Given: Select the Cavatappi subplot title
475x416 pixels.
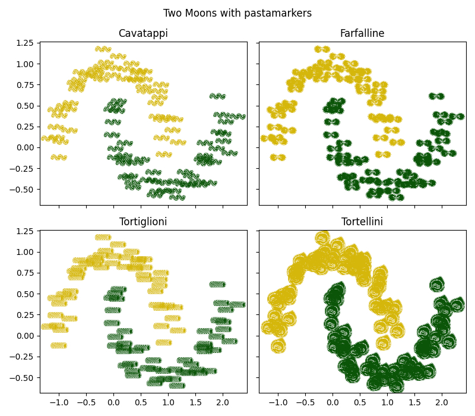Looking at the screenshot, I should tap(143, 33).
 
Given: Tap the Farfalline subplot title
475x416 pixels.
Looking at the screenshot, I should tap(362, 33).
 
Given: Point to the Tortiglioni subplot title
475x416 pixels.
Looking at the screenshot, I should tap(143, 222).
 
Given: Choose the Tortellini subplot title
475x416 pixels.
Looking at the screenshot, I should tap(362, 222).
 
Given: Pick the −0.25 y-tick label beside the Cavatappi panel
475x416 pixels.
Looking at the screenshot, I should tap(23, 168).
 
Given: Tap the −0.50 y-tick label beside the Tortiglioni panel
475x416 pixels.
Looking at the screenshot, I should tap(23, 377).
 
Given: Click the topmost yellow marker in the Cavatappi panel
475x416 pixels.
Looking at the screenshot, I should tap(103, 49).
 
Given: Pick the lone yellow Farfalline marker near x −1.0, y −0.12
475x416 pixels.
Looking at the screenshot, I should tap(277, 157).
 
